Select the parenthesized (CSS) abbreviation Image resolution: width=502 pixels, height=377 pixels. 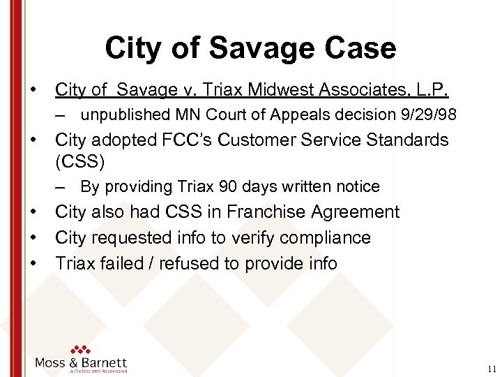click(x=79, y=162)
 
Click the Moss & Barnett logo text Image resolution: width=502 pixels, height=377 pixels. click(x=82, y=363)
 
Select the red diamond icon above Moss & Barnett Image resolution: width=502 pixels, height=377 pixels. click(x=81, y=348)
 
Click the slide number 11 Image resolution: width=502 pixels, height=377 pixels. click(x=492, y=369)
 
